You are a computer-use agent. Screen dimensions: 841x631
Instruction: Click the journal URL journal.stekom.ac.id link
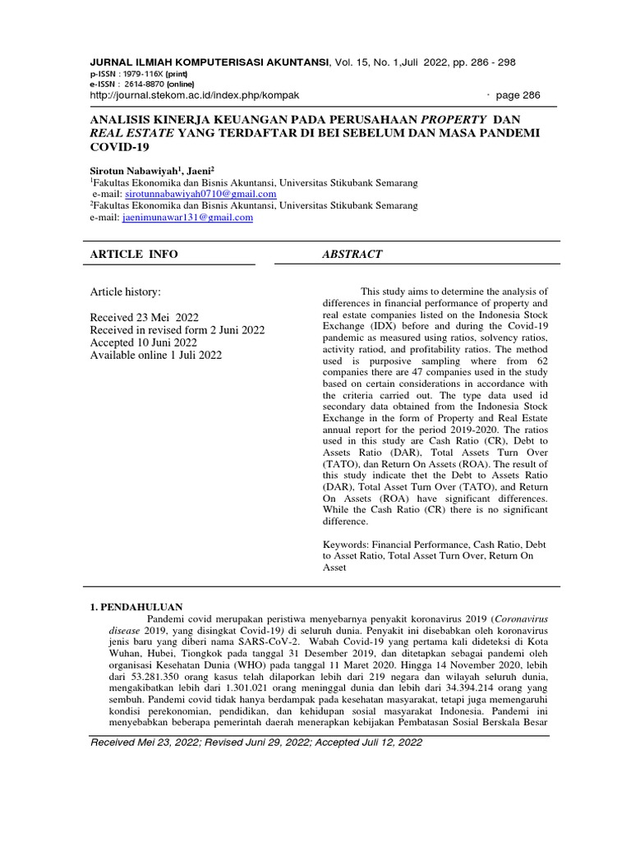194,95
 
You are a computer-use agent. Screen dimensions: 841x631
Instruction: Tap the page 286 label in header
519,95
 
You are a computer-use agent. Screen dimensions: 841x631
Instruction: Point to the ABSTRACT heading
352,255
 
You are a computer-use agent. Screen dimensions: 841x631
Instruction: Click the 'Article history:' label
126,292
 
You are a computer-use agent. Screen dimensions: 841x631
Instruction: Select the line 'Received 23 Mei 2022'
144,317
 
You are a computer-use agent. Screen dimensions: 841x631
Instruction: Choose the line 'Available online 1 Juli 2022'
155,355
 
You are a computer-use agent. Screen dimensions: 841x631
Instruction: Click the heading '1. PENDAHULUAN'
135,606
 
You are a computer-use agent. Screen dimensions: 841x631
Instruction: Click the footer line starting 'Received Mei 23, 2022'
256,742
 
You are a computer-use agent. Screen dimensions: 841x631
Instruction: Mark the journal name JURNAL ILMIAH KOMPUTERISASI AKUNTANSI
209,62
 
